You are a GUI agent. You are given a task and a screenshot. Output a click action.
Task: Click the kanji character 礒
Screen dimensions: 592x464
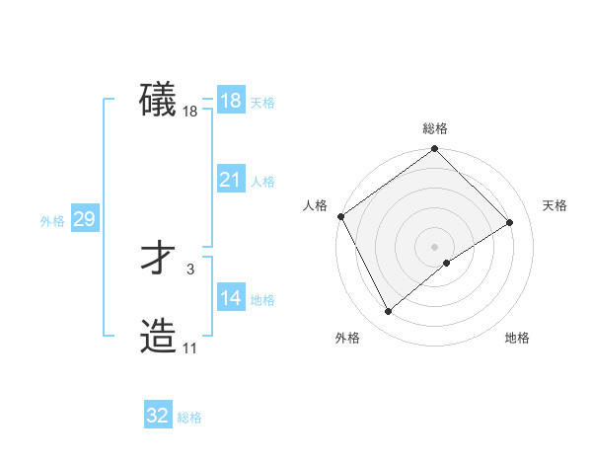click(158, 100)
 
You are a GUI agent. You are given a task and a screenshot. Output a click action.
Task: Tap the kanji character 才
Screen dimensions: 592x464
click(158, 260)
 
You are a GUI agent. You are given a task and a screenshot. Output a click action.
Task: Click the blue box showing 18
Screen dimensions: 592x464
click(230, 101)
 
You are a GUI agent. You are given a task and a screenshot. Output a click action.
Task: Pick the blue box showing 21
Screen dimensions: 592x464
click(230, 180)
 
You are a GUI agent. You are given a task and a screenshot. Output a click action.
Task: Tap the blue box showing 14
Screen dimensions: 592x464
click(230, 298)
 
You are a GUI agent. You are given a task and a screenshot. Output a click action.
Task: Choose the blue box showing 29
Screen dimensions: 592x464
click(84, 219)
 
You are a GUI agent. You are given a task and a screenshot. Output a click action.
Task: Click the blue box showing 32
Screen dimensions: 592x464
click(158, 416)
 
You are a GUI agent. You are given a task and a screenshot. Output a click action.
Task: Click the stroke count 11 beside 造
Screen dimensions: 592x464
click(189, 348)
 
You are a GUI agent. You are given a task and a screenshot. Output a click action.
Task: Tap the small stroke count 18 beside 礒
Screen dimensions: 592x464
click(189, 112)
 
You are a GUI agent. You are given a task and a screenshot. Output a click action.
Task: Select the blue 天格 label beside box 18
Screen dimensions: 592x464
click(262, 103)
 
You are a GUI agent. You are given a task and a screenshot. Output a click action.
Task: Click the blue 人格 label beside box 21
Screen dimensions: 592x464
click(262, 182)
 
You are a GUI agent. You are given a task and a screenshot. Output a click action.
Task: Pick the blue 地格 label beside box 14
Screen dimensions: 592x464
click(262, 300)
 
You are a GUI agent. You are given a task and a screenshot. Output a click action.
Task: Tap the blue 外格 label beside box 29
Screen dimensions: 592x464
click(52, 221)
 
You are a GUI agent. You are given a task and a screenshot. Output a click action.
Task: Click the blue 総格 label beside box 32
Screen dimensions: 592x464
click(189, 418)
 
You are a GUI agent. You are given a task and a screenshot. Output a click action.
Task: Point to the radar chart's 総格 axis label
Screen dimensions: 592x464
click(435, 128)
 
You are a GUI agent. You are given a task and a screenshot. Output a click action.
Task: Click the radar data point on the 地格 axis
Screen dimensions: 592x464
click(448, 263)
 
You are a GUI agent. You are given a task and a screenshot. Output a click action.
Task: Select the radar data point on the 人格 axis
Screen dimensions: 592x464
click(340, 216)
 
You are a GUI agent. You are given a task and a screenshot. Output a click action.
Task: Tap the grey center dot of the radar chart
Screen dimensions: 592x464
click(434, 245)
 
